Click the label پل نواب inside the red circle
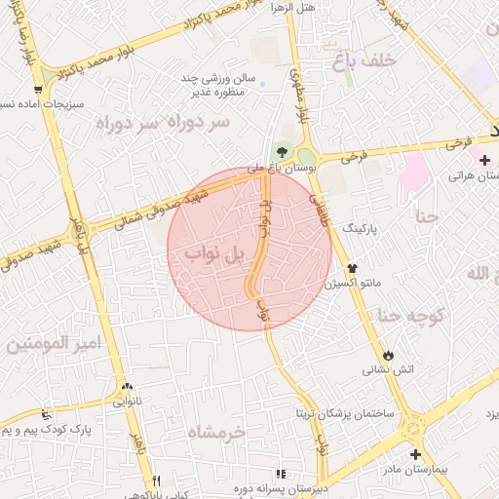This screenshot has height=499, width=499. (219, 255)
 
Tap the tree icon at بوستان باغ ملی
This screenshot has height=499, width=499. (283, 151)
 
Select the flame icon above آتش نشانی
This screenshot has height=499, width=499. (389, 354)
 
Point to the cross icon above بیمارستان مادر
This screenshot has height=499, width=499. (415, 454)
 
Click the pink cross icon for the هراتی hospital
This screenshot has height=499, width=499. (484, 159)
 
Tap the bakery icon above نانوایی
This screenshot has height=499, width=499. (126, 385)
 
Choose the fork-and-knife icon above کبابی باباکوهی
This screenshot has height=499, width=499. (156, 480)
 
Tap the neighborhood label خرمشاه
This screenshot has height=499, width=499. (214, 432)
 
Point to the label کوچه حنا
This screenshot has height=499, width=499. (412, 315)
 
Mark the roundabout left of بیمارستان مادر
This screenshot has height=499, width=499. (412, 425)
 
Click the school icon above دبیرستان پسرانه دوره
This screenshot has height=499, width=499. (282, 475)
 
